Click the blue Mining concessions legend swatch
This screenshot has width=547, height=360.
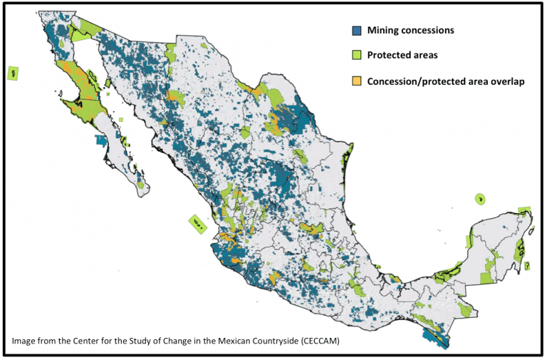(x=358, y=31)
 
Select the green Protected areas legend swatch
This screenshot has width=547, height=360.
(x=358, y=55)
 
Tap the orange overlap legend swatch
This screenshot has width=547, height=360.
(x=358, y=81)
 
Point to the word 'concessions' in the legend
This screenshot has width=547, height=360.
(x=429, y=31)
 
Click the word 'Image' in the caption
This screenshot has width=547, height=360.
(x=25, y=341)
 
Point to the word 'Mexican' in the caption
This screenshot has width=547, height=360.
(x=224, y=341)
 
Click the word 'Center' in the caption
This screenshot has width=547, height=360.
(x=89, y=341)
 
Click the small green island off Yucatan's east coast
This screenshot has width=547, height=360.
(x=528, y=266)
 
